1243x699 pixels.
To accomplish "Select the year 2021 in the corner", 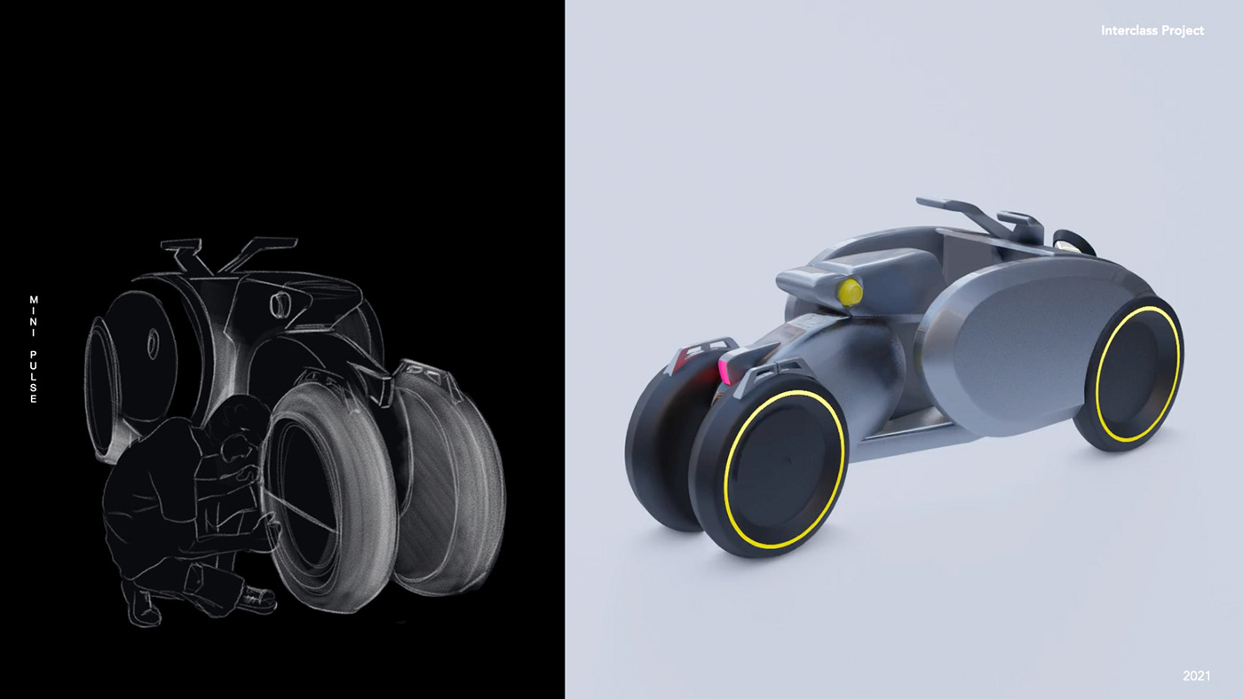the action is tap(1197, 676).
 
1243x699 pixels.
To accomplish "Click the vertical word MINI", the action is tap(34, 316).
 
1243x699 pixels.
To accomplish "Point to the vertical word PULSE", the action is tap(34, 377).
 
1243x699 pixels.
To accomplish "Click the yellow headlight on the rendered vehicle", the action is tap(851, 292).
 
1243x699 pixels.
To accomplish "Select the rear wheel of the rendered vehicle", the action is tap(1130, 374).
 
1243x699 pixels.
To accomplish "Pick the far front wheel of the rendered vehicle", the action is tap(666, 444).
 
